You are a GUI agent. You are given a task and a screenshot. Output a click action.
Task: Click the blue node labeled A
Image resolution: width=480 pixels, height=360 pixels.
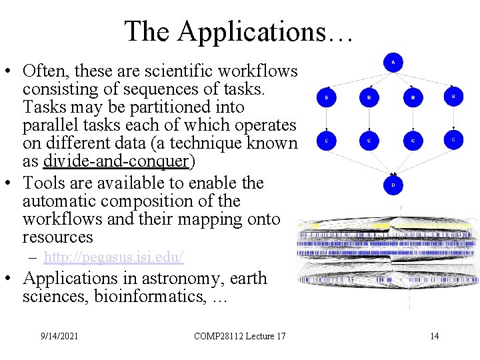393,63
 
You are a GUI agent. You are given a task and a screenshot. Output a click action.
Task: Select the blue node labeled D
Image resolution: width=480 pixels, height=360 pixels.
393,184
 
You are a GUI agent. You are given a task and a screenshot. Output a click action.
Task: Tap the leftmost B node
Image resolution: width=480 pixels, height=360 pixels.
326,97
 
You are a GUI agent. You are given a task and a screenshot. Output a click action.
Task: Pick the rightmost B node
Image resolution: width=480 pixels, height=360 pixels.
453,97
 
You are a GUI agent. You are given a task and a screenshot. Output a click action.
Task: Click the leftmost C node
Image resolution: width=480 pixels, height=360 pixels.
326,140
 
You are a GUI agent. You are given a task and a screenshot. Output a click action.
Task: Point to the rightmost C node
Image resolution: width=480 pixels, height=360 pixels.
453,139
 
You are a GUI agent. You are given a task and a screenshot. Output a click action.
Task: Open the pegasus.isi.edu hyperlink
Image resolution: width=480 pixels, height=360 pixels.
113,257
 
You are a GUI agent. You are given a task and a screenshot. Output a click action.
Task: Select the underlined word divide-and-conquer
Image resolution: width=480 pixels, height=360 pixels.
116,161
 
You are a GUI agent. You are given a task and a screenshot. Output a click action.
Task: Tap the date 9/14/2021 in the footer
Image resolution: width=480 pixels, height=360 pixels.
59,335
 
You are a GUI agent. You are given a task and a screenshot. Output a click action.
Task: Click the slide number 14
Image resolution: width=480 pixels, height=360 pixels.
434,335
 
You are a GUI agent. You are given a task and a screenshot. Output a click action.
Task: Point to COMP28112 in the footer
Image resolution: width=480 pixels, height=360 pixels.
218,335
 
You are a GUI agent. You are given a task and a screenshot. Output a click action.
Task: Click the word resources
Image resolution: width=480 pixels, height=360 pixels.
58,237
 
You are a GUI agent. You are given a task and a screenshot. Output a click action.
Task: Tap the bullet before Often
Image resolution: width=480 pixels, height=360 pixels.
9,71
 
